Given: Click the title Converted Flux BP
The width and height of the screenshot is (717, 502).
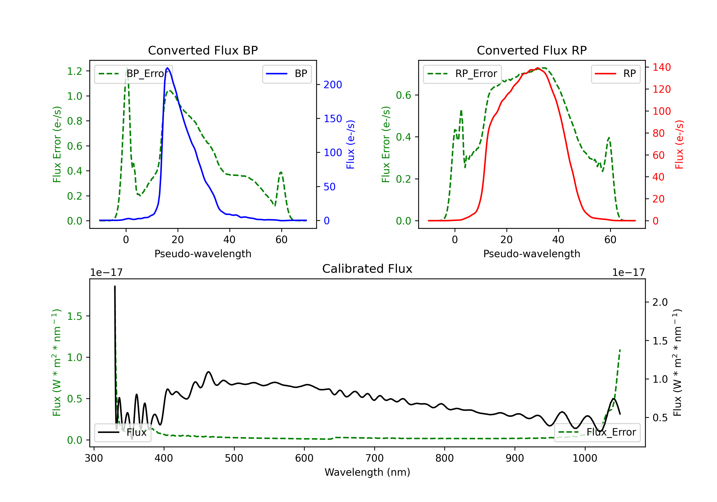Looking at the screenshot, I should [x=203, y=50].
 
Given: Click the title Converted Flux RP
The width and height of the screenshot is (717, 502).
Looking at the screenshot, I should [x=532, y=50].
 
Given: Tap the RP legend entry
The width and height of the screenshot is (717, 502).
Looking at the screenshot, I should [x=615, y=74].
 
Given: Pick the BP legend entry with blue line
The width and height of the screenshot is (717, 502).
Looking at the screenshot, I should [x=287, y=74].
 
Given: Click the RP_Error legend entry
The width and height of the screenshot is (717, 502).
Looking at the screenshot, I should [x=462, y=74].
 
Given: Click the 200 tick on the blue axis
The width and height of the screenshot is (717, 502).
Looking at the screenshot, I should [x=333, y=85].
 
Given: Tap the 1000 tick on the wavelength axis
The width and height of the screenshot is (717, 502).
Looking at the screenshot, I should [x=585, y=458].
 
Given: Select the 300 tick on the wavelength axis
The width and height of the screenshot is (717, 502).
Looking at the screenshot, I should [x=94, y=458].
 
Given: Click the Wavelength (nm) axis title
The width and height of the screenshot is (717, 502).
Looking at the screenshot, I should [x=367, y=472].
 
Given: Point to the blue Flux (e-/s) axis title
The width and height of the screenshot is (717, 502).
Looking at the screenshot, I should [x=350, y=144].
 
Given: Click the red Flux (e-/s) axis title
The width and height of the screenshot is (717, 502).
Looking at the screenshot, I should [x=679, y=144].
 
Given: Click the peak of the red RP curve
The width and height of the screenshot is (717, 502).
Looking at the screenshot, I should [x=538, y=68].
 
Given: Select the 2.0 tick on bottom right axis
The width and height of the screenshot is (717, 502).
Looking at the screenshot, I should [x=660, y=302].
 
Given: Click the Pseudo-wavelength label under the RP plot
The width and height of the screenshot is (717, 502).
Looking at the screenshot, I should [x=532, y=254].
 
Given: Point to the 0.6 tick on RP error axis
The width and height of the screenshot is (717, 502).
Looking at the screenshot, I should [x=403, y=95].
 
